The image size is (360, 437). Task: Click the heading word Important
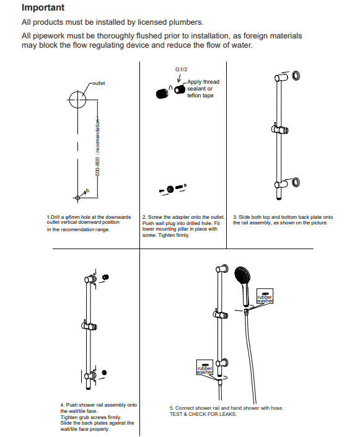point(43,8)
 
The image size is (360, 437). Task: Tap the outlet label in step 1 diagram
point(99,83)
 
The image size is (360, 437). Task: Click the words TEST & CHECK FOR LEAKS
point(203,414)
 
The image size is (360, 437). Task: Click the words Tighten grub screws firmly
point(90,417)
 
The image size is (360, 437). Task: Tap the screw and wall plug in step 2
point(173,188)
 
